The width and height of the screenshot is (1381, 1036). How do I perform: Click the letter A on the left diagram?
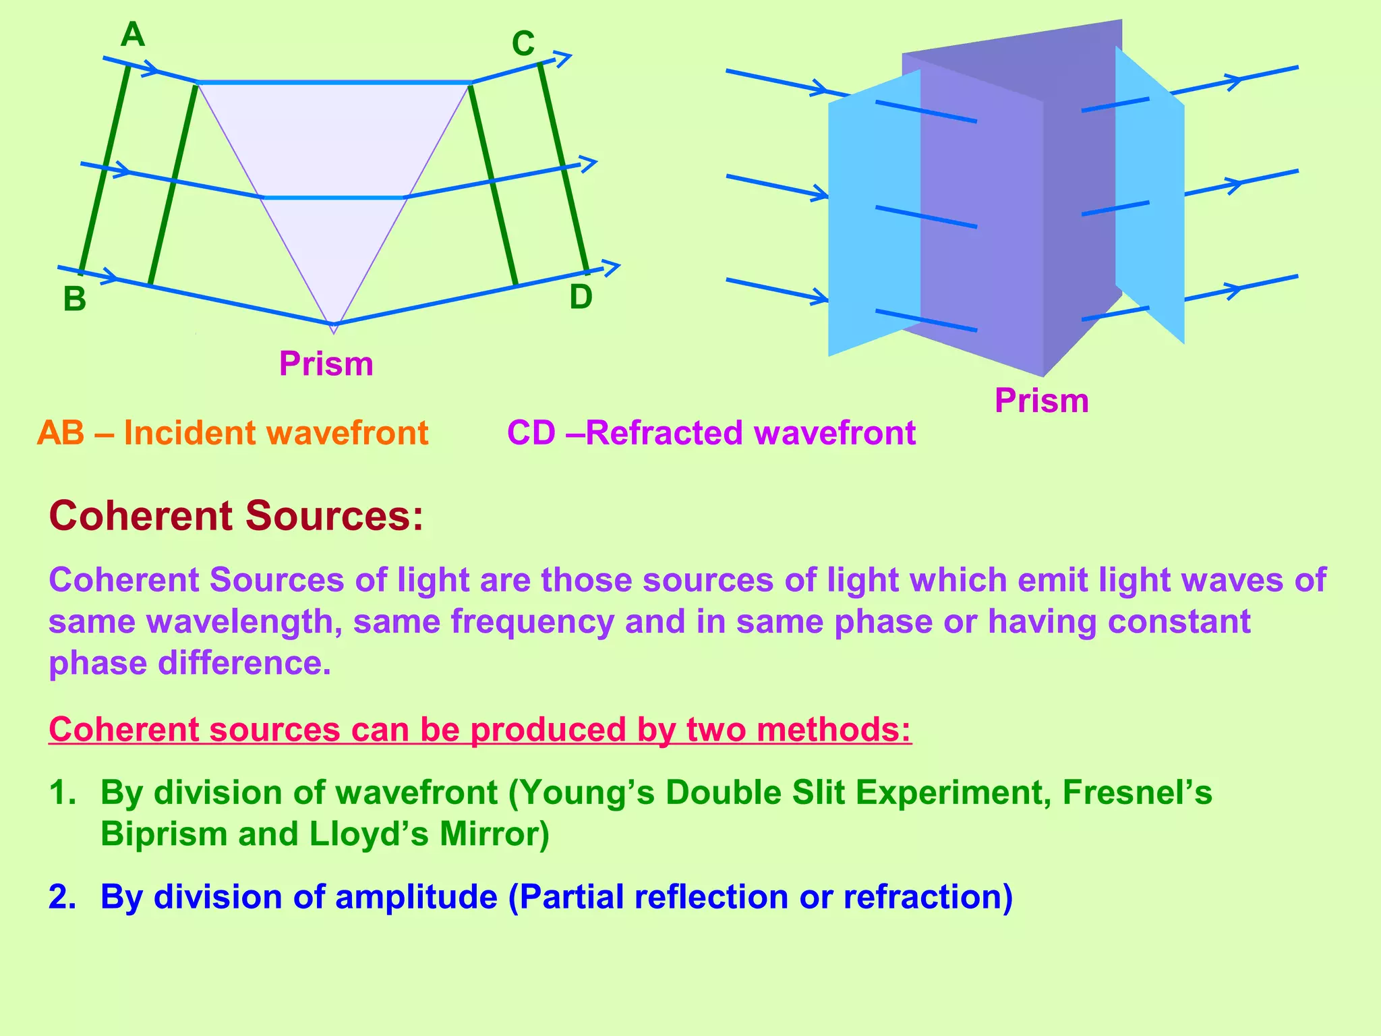133,35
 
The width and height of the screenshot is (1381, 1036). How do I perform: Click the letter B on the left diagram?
75,299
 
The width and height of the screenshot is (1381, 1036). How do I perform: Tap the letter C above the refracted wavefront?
523,45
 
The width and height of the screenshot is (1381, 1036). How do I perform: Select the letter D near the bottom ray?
581,297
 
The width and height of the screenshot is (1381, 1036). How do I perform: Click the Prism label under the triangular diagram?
326,364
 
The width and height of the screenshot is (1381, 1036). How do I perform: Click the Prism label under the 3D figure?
1041,401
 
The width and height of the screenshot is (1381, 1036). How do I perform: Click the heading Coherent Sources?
236,516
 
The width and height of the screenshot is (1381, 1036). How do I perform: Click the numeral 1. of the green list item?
62,793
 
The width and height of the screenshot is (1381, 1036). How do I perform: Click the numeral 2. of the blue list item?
62,897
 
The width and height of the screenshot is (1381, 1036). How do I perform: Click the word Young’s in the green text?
587,793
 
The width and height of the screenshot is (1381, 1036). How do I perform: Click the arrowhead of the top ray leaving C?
564,58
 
